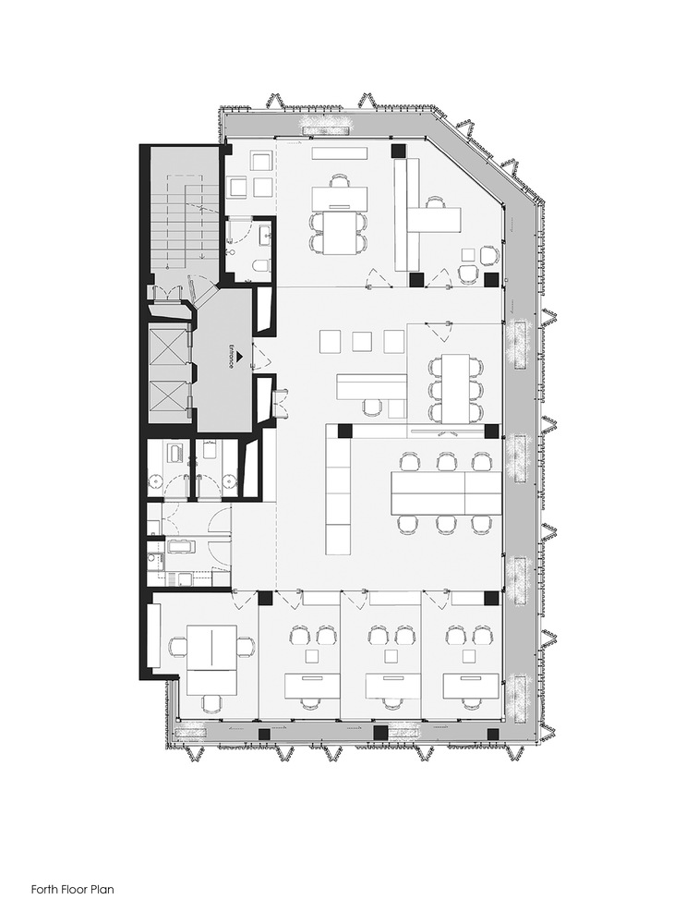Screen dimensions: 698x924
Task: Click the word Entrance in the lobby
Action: coord(232,357)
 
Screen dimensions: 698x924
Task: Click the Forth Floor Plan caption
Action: coord(72,889)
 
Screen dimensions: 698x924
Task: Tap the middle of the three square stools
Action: coord(361,341)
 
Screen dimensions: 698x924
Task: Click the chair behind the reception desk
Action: coord(371,407)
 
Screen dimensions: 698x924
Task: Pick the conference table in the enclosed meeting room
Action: coord(455,387)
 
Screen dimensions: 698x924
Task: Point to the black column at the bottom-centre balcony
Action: coord(380,733)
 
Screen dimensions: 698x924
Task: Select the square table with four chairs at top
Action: coord(339,234)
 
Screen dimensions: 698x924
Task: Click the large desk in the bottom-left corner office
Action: coord(212,659)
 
